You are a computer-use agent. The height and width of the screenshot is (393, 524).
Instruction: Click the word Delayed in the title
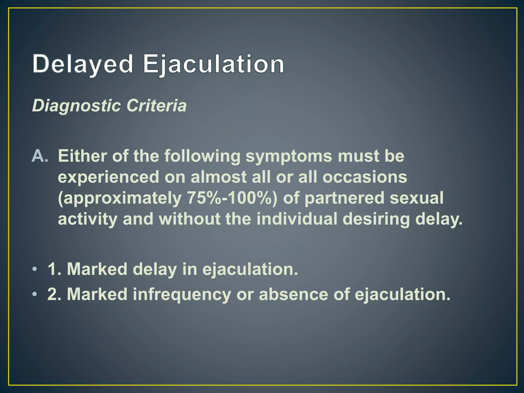tap(83, 64)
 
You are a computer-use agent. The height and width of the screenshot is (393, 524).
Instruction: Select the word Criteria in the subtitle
tap(156, 106)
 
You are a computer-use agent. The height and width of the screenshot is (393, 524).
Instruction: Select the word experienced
tap(108, 177)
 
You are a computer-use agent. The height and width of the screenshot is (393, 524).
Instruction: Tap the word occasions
tap(365, 177)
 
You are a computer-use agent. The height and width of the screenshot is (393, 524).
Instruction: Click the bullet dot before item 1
tap(35, 269)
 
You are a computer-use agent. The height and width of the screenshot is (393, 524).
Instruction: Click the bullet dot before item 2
tap(35, 294)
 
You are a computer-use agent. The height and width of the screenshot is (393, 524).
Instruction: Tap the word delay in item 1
tap(155, 269)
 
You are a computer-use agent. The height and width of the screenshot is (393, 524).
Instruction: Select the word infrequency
tap(182, 294)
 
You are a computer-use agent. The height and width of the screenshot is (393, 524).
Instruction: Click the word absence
tap(293, 294)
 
